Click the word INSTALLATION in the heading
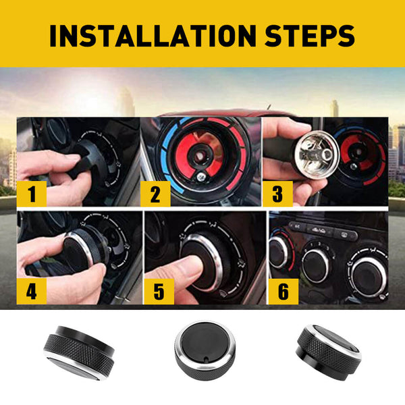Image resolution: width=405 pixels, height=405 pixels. (x=153, y=36)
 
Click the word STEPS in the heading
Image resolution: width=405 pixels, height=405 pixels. (x=310, y=36)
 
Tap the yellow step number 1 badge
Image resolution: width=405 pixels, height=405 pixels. (x=32, y=194)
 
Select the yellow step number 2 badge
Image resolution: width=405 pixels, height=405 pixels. (x=155, y=194)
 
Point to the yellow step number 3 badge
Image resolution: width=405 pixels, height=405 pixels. (x=277, y=194)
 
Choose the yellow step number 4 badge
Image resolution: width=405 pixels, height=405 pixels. (x=32, y=292)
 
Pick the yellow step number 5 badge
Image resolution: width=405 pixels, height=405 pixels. (x=159, y=292)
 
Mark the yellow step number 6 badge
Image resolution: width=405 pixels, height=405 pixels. (x=283, y=292)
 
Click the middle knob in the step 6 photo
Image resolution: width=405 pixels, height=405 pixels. (x=316, y=265)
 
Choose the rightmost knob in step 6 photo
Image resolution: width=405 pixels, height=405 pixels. (x=369, y=276)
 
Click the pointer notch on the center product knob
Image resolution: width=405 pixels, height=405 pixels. (x=205, y=360)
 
